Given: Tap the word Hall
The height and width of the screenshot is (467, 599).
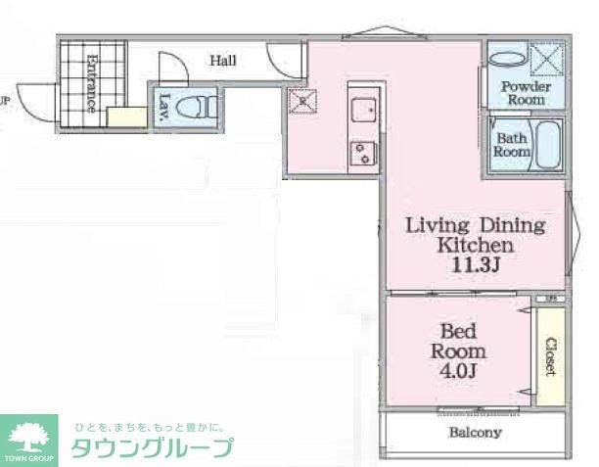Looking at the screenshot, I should click(223, 61).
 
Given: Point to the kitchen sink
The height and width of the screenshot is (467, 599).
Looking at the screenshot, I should click(362, 111).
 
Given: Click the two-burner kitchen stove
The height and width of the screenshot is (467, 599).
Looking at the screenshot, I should click(362, 153).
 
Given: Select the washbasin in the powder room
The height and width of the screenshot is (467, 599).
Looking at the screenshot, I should click(506, 57).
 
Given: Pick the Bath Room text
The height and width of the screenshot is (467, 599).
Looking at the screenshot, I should click(511, 146).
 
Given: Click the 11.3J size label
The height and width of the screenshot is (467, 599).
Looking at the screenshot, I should click(475, 264).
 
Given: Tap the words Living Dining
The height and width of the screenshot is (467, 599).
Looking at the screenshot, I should click(475, 225).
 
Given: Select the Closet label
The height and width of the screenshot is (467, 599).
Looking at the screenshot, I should click(550, 355).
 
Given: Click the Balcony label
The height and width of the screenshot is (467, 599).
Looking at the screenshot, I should click(475, 432).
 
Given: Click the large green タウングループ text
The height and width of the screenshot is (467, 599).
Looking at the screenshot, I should click(152, 448).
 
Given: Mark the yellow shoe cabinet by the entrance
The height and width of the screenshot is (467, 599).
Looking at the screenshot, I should click(125, 117).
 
